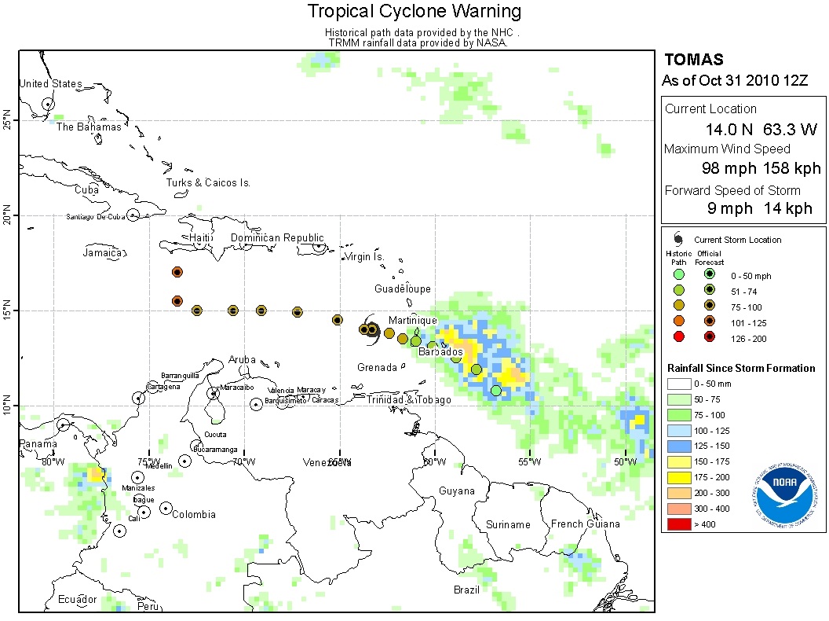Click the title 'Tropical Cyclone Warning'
(x=414, y=11)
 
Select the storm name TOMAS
(x=693, y=60)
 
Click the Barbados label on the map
(x=440, y=351)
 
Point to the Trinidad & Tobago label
(x=408, y=400)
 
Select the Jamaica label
(x=104, y=252)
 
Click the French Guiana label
(x=585, y=524)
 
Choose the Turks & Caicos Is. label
(x=208, y=182)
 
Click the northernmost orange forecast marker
(x=177, y=272)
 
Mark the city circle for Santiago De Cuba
(x=133, y=215)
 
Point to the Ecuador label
(x=77, y=600)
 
